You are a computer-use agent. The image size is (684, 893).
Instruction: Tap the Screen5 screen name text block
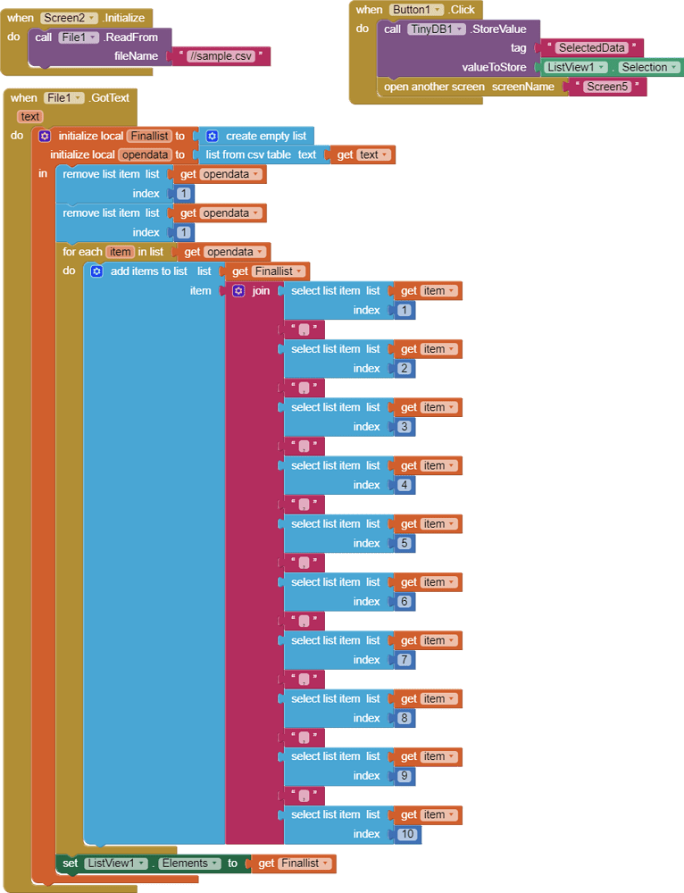click(x=607, y=87)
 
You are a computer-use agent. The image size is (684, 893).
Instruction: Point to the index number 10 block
click(x=406, y=834)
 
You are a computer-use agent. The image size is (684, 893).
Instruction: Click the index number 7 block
click(x=404, y=660)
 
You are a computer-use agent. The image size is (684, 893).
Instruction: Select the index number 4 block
click(x=404, y=485)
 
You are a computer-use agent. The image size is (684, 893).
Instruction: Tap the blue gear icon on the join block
click(x=238, y=291)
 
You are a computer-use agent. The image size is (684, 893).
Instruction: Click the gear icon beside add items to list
click(x=96, y=271)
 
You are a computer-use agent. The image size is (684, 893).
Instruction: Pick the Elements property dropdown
click(x=189, y=864)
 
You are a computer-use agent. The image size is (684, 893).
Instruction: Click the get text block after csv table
click(x=363, y=154)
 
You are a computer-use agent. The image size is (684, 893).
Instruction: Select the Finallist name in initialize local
click(x=149, y=136)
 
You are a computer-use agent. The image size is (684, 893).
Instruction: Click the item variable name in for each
click(x=120, y=252)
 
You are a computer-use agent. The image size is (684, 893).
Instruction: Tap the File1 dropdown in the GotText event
click(x=63, y=97)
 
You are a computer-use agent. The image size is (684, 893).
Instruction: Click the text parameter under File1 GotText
click(x=30, y=116)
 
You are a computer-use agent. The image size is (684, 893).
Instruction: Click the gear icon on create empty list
click(x=212, y=136)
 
